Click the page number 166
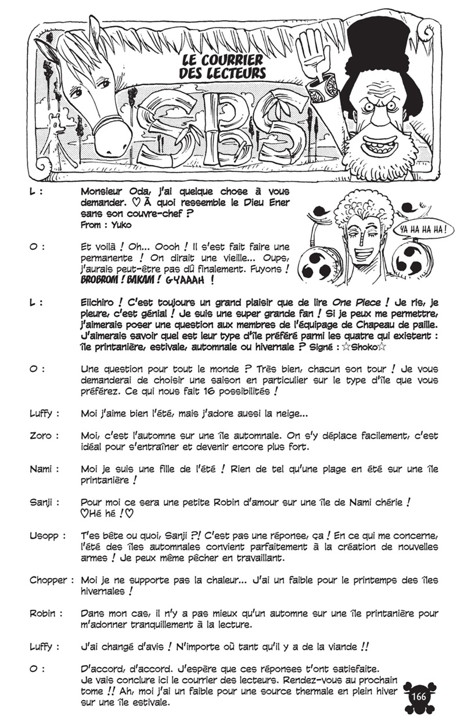(419, 697)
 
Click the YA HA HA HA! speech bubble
(423, 228)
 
